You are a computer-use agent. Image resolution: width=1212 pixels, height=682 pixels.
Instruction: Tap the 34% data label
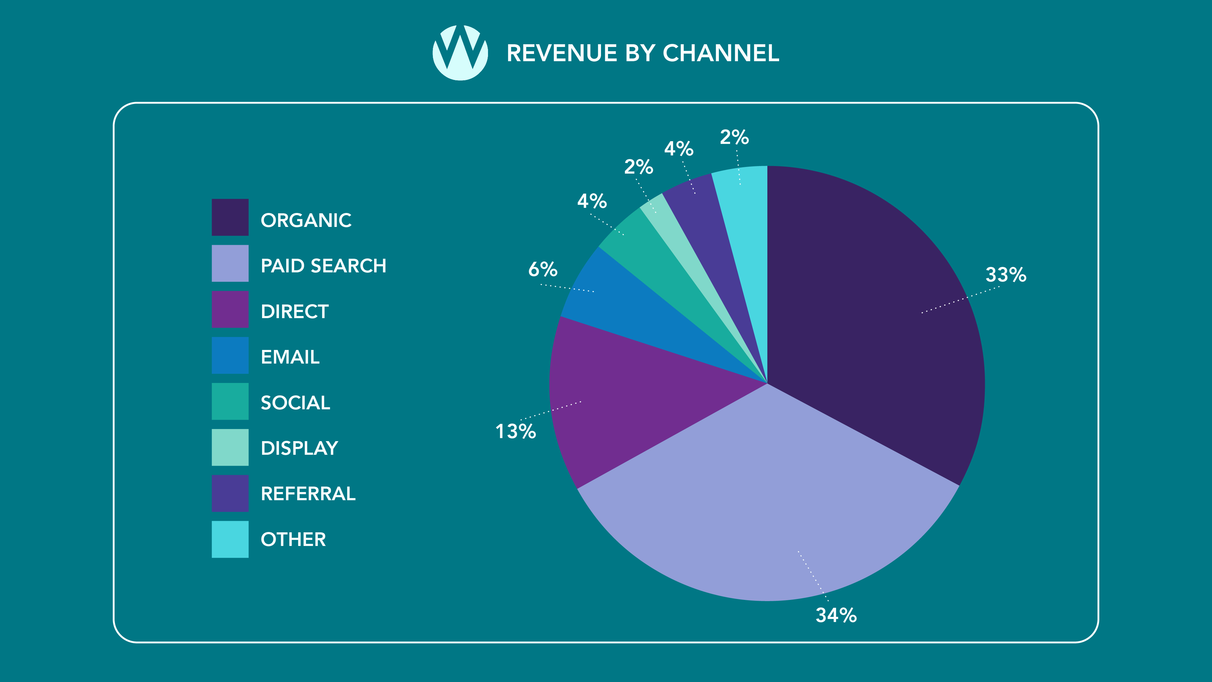coord(836,615)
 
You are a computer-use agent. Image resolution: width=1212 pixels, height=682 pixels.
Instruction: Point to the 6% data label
coord(543,270)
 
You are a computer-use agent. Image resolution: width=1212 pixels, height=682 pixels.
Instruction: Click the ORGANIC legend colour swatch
coord(230,218)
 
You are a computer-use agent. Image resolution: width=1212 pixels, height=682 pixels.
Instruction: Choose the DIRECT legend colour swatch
coord(230,309)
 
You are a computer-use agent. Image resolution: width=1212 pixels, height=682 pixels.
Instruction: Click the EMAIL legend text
coord(290,357)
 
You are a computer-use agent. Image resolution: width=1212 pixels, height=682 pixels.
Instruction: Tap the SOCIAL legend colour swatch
coord(230,401)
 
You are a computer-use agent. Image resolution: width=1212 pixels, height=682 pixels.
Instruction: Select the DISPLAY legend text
coord(299,448)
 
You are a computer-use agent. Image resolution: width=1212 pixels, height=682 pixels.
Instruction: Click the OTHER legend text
coord(293,539)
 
